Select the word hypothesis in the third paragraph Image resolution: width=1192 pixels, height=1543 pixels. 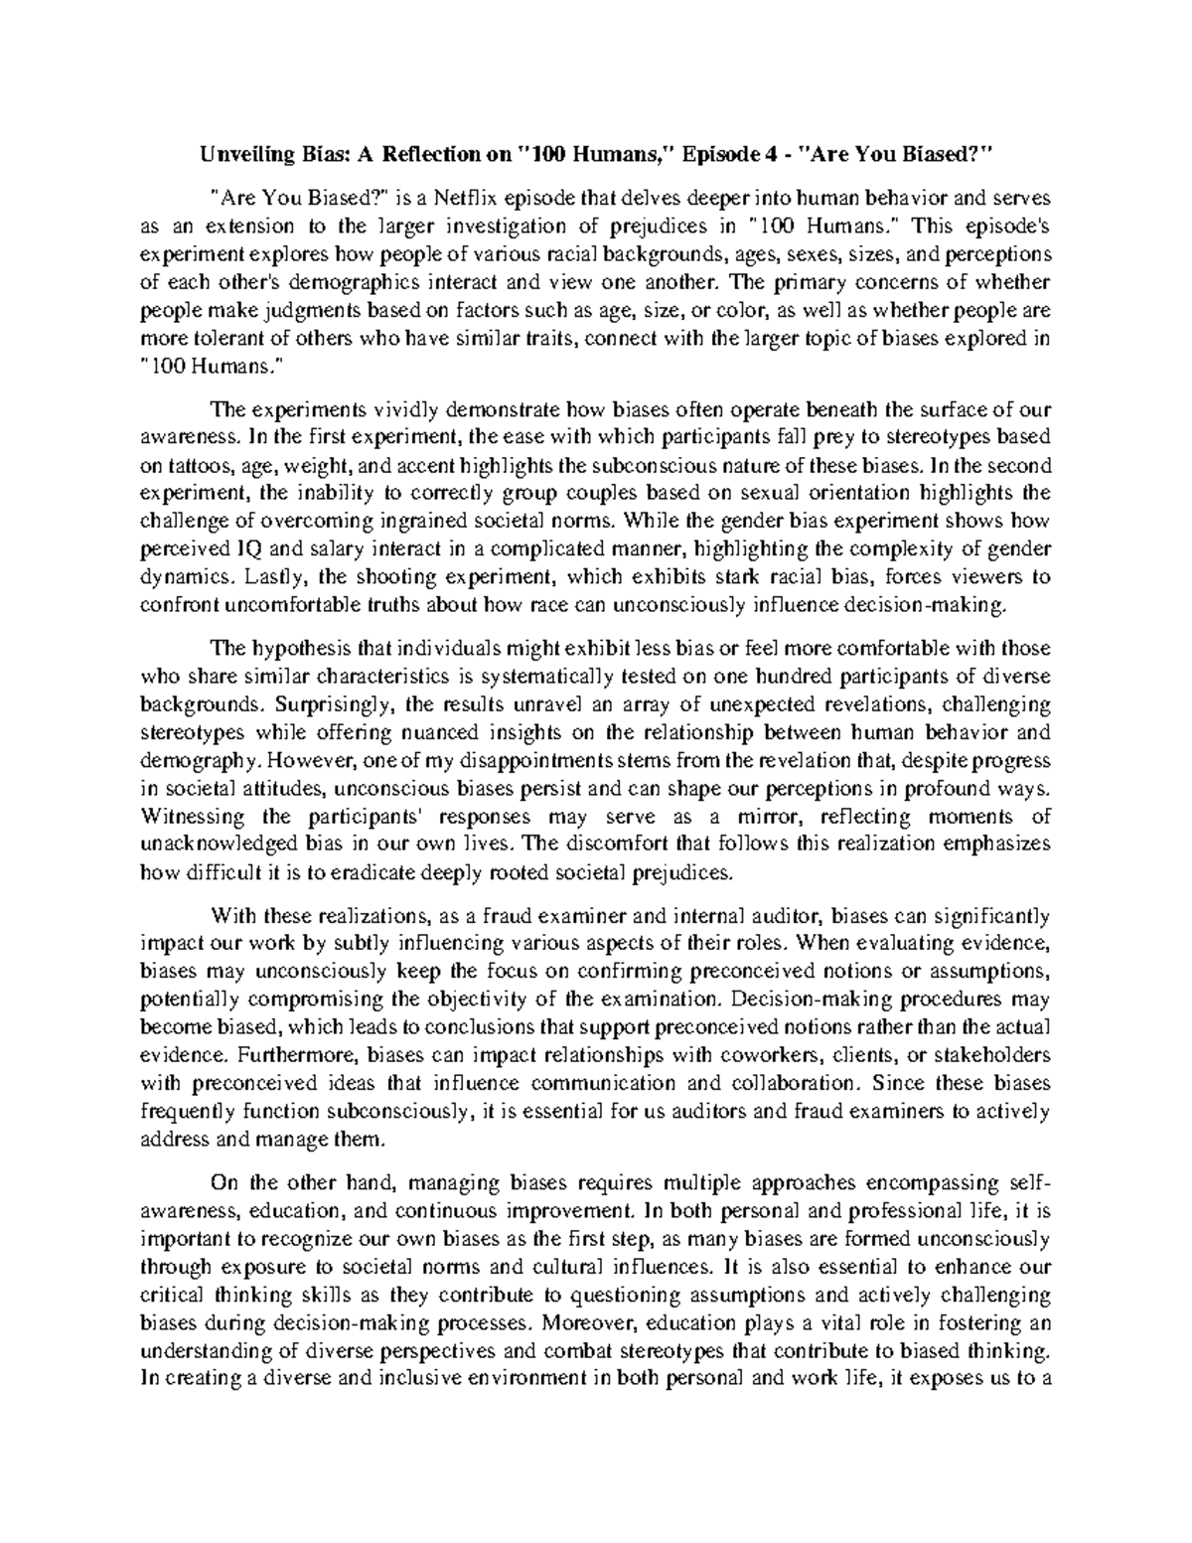point(297,649)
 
